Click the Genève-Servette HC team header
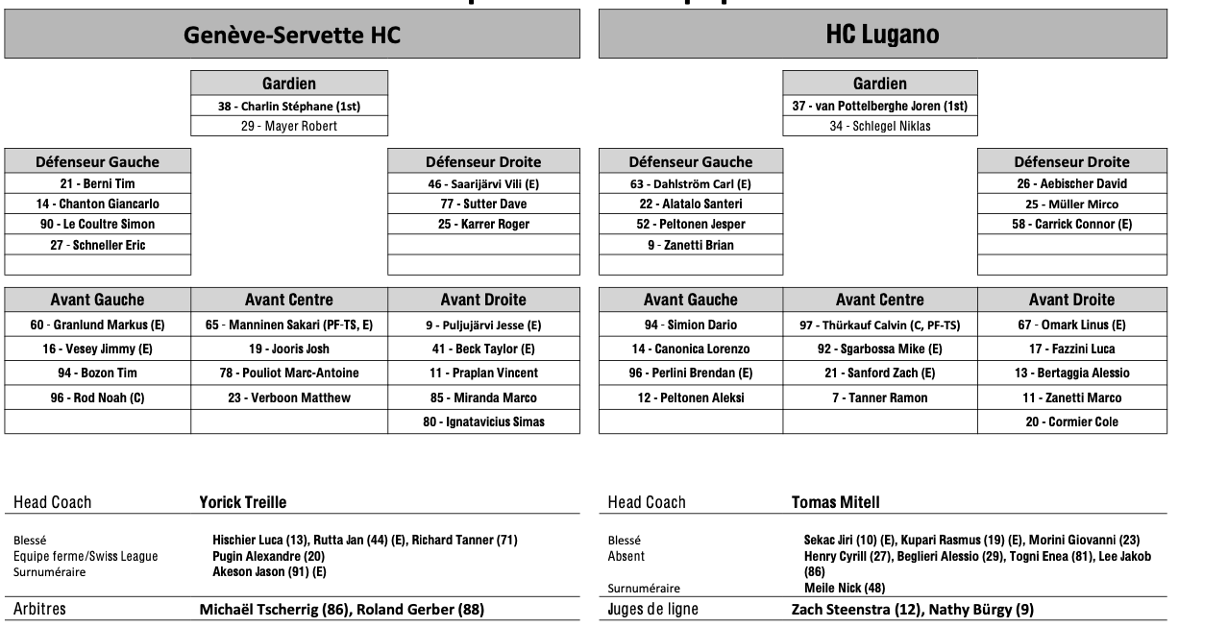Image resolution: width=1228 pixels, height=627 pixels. pyautogui.click(x=292, y=36)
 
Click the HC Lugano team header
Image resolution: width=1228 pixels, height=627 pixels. pyautogui.click(x=882, y=36)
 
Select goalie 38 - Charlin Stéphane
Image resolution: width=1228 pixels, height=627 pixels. pyautogui.click(x=289, y=106)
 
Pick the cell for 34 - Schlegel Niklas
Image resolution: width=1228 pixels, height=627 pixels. pyautogui.click(x=880, y=126)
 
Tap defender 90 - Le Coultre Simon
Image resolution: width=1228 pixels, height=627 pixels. pyautogui.click(x=97, y=224)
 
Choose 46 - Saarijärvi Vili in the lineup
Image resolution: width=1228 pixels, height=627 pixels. pyautogui.click(x=483, y=183)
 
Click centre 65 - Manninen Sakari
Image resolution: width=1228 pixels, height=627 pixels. pyautogui.click(x=289, y=326)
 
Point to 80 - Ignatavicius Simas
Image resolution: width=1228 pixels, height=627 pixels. pyautogui.click(x=483, y=422)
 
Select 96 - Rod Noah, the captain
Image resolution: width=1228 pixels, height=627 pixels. pyautogui.click(x=97, y=398)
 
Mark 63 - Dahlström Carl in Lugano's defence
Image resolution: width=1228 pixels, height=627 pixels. pyautogui.click(x=690, y=183)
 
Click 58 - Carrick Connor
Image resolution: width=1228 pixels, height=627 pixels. pyautogui.click(x=1071, y=224)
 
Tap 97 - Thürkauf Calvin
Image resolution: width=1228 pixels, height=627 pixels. pyautogui.click(x=879, y=326)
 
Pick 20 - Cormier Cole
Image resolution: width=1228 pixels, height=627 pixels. pyautogui.click(x=1071, y=422)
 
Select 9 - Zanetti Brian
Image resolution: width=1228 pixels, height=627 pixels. pyautogui.click(x=690, y=245)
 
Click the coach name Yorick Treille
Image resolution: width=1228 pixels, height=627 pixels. pyautogui.click(x=243, y=502)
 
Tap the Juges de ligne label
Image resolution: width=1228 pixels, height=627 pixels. pyautogui.click(x=653, y=609)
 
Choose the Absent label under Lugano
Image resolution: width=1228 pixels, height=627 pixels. pyautogui.click(x=626, y=555)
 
